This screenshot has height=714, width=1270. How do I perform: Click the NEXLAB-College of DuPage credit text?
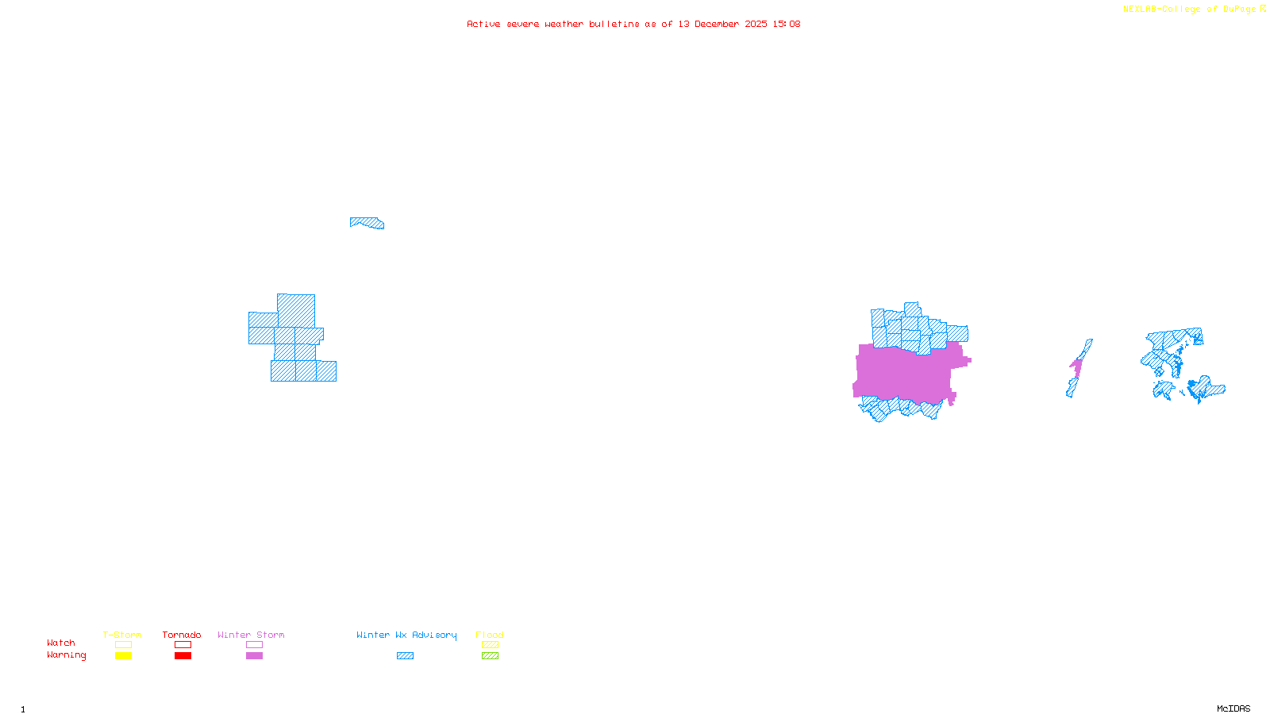click(x=1190, y=10)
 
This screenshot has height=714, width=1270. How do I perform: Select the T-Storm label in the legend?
click(x=122, y=635)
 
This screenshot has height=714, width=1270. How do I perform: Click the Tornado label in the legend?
click(x=182, y=635)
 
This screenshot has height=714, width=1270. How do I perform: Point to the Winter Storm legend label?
click(x=251, y=635)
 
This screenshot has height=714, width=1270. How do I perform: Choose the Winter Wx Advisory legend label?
click(x=406, y=635)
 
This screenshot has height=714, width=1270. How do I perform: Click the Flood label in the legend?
click(x=490, y=635)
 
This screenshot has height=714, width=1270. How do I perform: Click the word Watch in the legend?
click(x=61, y=643)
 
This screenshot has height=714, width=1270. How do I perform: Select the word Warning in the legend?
click(x=66, y=655)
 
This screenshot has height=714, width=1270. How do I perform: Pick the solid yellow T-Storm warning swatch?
click(x=123, y=656)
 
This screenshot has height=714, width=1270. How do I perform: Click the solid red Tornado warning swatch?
click(x=183, y=656)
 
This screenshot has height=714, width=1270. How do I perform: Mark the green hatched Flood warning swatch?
click(x=490, y=656)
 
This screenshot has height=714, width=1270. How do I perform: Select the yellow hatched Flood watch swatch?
click(x=490, y=645)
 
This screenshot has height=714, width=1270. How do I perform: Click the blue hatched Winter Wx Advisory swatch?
click(x=405, y=656)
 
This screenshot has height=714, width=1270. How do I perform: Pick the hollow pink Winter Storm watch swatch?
click(x=254, y=645)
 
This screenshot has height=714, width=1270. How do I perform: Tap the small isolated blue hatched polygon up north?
click(x=368, y=223)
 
